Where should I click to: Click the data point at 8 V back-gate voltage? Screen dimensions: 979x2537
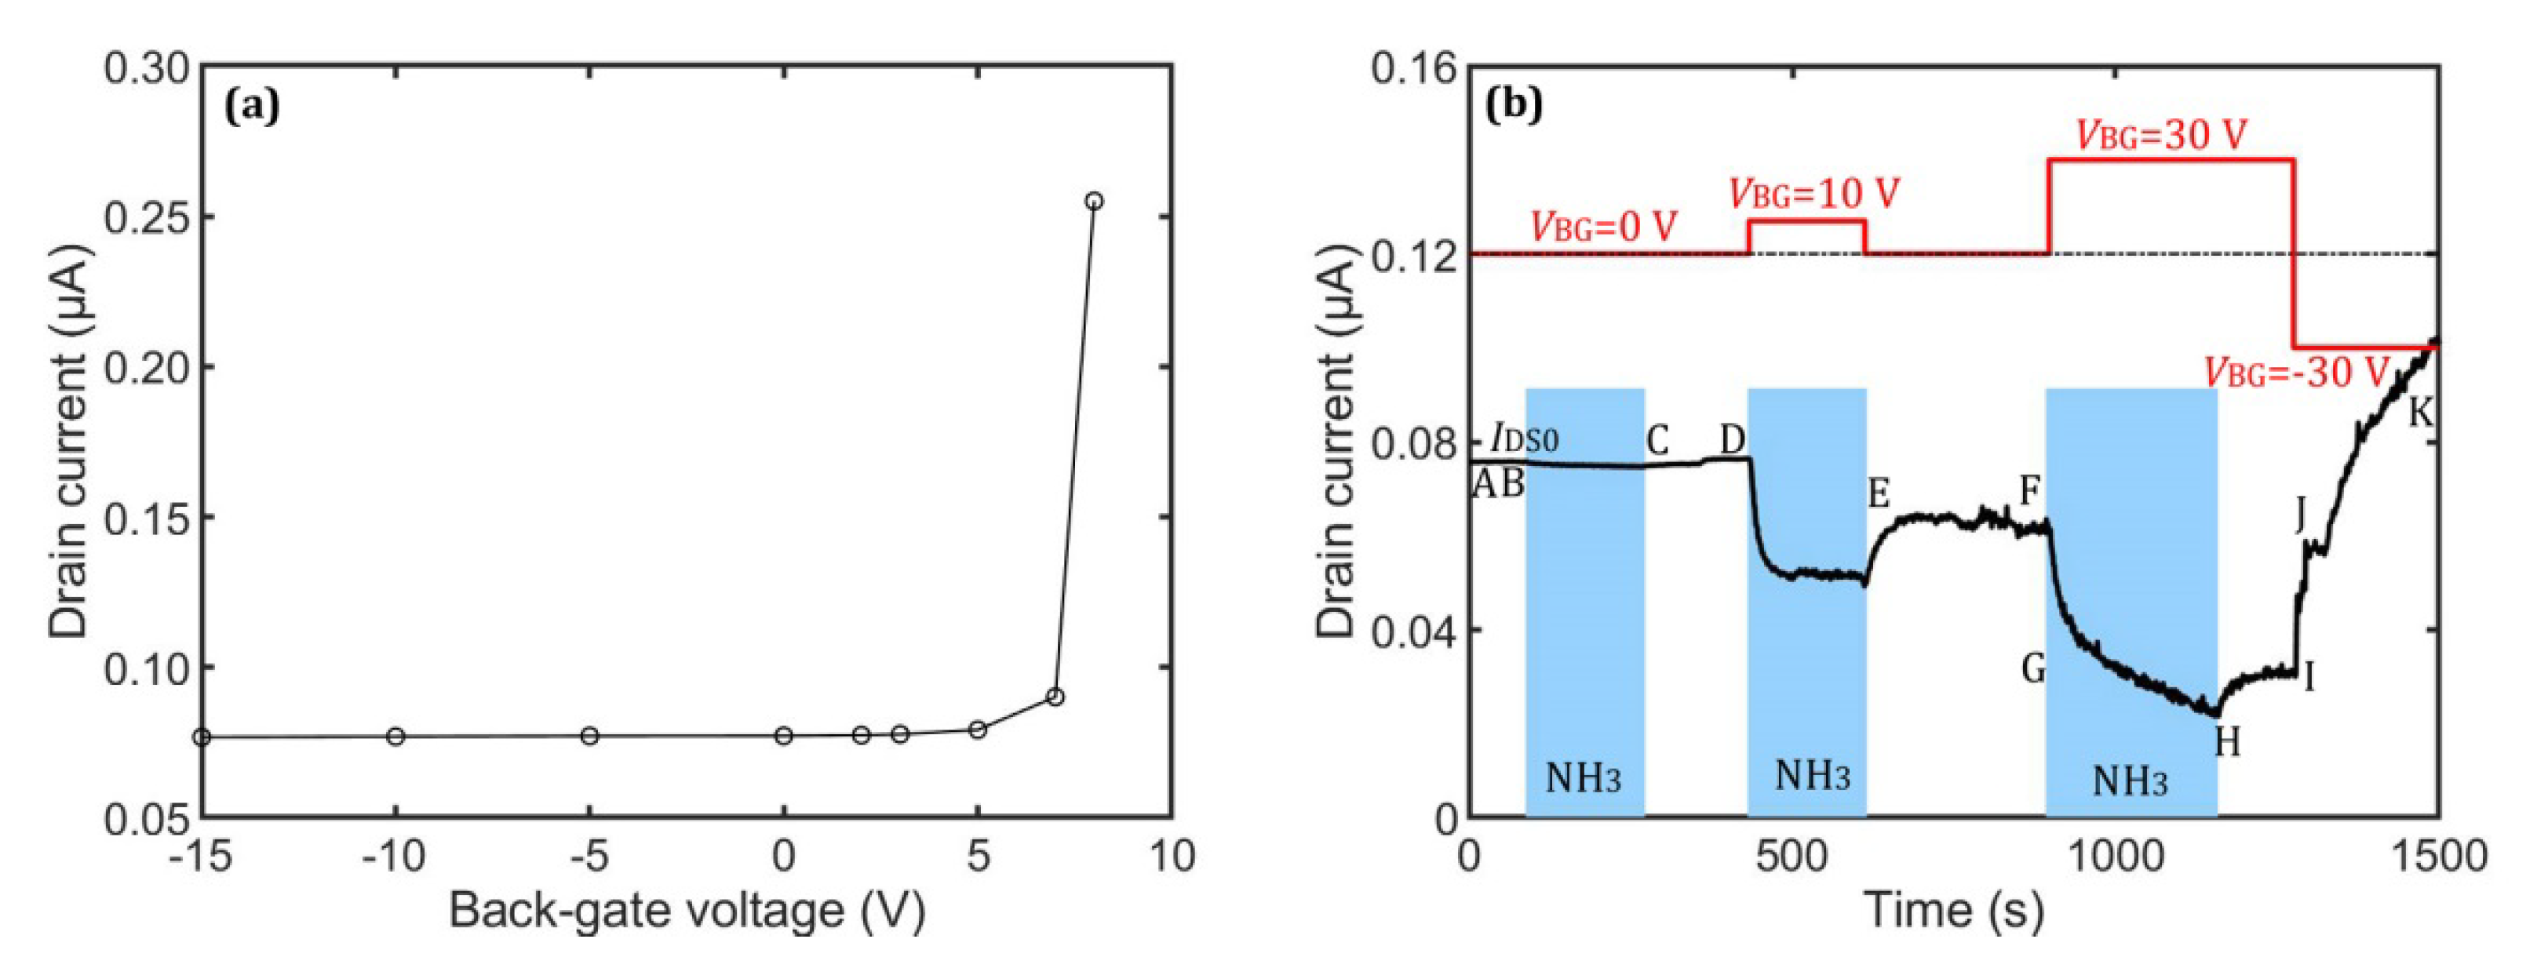[x=1093, y=201]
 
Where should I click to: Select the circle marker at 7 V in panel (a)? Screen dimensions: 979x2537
[x=1055, y=697]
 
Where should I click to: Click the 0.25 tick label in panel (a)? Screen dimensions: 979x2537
[x=147, y=217]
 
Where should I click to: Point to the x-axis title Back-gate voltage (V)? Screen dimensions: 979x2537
[x=687, y=910]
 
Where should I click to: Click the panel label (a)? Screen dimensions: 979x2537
[x=252, y=105]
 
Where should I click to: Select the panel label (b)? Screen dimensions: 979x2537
[x=1514, y=105]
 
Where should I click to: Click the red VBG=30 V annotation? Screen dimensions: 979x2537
[x=2162, y=135]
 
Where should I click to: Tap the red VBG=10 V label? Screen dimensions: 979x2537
[x=1814, y=194]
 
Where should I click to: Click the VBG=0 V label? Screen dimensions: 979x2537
[x=1603, y=227]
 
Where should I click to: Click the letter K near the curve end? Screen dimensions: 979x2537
[x=2421, y=413]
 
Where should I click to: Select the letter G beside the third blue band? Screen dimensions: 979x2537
[x=2034, y=670]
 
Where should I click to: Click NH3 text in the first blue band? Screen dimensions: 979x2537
[x=1583, y=778]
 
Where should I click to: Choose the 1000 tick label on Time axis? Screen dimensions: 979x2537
[x=2116, y=856]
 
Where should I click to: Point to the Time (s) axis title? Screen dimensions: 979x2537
[x=1953, y=910]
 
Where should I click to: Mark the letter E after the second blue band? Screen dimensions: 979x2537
[x=1879, y=493]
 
